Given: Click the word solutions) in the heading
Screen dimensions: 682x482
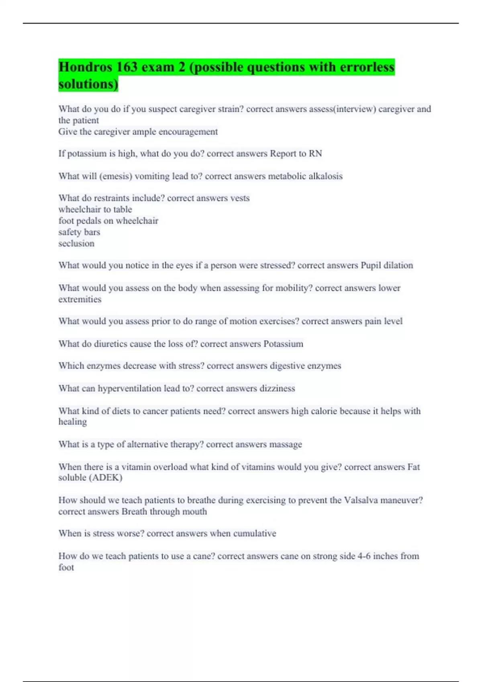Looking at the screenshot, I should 88,84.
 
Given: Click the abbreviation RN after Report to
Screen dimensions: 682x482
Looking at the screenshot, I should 315,154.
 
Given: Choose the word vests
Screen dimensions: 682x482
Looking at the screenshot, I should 240,198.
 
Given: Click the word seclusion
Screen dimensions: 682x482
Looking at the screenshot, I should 76,244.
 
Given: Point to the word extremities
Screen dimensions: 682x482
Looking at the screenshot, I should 80,299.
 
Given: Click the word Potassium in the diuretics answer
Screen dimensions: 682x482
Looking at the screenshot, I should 283,344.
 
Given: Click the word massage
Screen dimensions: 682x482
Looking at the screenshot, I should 286,445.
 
